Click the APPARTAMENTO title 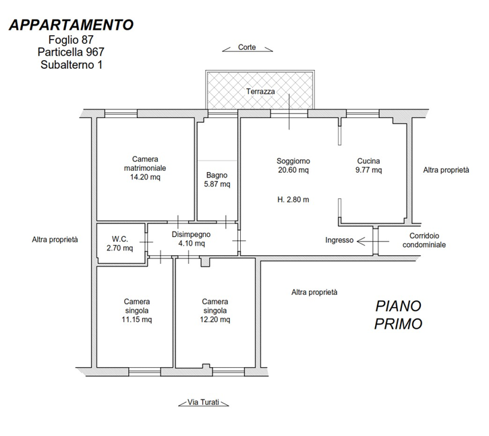click(71, 25)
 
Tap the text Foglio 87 click(71, 40)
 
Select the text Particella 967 click(71, 52)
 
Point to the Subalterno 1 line click(71, 65)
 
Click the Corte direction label click(247, 47)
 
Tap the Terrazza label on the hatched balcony click(260, 91)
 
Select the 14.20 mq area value click(145, 178)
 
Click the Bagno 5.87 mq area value click(217, 184)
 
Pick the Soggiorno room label click(293, 161)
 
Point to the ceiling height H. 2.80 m click(293, 199)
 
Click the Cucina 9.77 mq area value click(369, 170)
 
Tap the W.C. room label click(120, 239)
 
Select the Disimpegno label click(191, 234)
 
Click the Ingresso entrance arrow click(373, 241)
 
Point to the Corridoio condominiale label click(424, 240)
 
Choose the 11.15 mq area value click(137, 320)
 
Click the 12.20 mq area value click(215, 320)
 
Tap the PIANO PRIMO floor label click(398, 315)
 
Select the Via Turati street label click(203, 402)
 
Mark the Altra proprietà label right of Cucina click(446, 170)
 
